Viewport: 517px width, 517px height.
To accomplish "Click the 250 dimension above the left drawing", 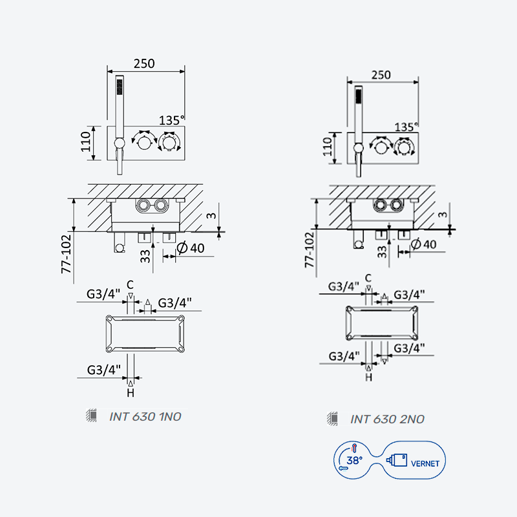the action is coord(144,63).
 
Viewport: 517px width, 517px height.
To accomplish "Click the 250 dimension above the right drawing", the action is coord(381,75).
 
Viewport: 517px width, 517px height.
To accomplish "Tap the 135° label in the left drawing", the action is coord(171,120).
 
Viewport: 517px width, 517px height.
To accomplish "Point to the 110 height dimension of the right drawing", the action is coord(327,147).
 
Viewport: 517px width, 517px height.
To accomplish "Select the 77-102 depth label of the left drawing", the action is coord(67,254).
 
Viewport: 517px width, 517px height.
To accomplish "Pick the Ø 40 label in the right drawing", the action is coord(424,244).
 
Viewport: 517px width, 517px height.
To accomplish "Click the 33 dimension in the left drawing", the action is coord(145,257).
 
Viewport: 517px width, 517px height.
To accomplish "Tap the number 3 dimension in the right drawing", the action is coord(442,215).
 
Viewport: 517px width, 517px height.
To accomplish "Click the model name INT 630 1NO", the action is coord(145,417).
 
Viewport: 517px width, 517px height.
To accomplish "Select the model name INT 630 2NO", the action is coord(387,419).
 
